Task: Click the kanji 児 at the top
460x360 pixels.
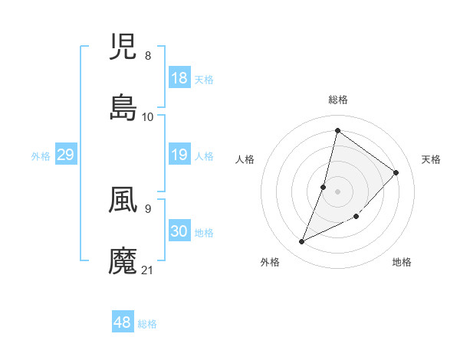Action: (123, 47)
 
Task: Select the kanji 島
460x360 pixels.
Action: (123, 108)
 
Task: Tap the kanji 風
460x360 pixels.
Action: (123, 200)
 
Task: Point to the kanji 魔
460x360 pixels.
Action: (123, 261)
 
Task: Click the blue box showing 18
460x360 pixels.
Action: (179, 78)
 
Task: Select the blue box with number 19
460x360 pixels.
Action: (179, 155)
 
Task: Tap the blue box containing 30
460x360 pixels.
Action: (179, 232)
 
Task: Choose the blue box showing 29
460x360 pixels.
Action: (65, 155)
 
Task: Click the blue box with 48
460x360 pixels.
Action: (123, 322)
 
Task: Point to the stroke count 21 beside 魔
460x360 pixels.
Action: (148, 270)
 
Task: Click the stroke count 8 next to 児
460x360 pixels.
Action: (148, 56)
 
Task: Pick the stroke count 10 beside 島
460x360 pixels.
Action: (148, 116)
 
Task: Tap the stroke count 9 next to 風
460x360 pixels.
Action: (148, 208)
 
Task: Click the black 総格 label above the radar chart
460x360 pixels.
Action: (338, 100)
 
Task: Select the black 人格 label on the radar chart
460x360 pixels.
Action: (245, 159)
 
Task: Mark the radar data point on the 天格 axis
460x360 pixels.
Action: (396, 172)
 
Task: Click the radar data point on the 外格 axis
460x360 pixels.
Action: (302, 242)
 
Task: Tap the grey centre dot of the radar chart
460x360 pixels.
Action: (338, 191)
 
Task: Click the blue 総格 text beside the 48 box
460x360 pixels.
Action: (147, 324)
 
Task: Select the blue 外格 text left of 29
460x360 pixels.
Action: (41, 156)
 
